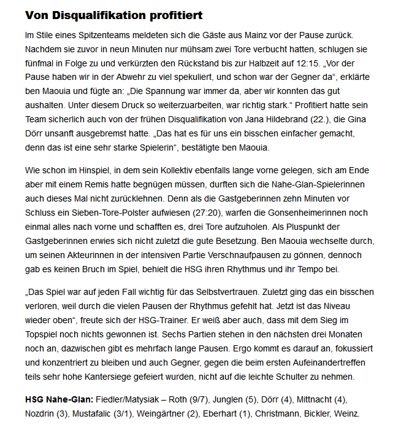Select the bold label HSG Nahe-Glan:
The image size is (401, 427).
pyautogui.click(x=59, y=399)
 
